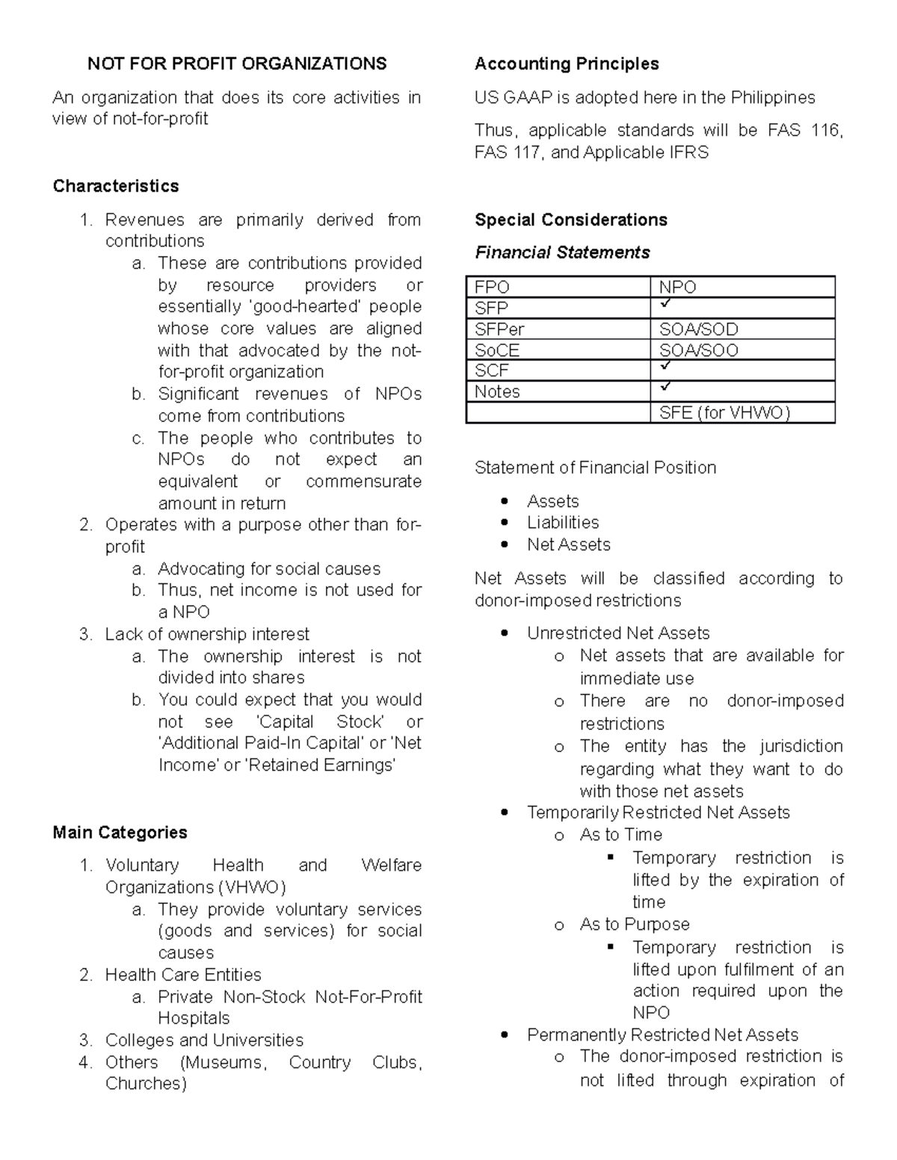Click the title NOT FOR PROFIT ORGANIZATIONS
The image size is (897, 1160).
237,63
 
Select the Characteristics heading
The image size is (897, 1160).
116,186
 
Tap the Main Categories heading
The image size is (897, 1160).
120,832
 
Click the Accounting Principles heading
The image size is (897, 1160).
567,63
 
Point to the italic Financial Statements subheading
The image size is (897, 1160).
562,252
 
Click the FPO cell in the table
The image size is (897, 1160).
492,288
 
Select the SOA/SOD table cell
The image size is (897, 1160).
698,329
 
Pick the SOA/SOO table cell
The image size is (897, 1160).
698,350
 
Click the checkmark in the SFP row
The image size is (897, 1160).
666,305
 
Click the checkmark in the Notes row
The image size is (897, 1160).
666,388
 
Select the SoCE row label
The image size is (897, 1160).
497,350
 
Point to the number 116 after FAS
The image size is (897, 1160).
825,131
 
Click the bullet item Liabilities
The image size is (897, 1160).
563,522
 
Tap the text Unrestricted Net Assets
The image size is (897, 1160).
618,633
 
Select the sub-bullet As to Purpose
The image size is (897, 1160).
635,924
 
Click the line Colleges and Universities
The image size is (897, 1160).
204,1040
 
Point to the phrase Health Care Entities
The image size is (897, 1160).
183,975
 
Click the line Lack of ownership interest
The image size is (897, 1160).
207,634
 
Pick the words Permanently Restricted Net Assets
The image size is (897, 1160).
662,1035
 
